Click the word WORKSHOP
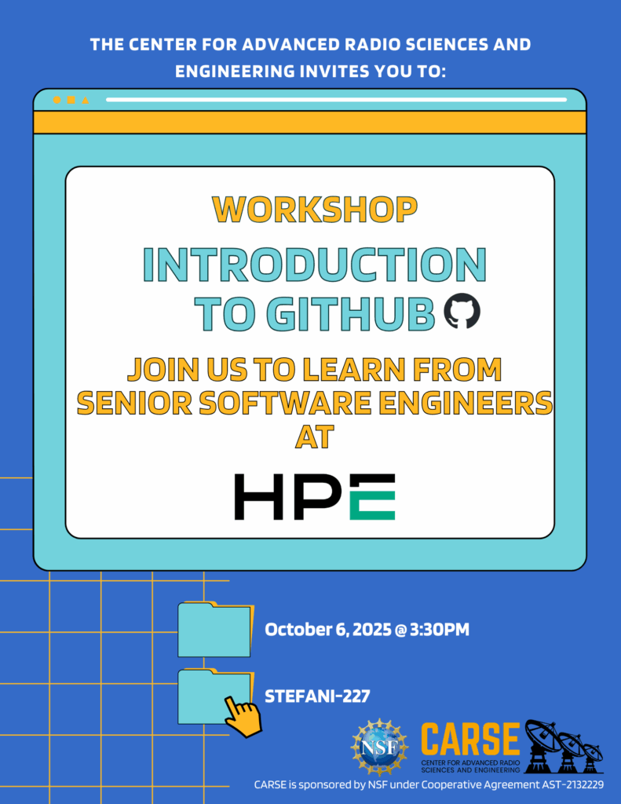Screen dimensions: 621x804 (x=314, y=209)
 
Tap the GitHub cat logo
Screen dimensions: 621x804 (x=462, y=311)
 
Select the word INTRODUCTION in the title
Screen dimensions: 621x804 (x=314, y=265)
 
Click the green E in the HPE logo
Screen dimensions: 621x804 (x=372, y=497)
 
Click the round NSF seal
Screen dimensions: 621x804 (x=379, y=747)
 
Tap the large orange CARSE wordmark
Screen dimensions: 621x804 (x=470, y=738)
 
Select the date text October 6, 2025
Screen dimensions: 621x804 (x=328, y=630)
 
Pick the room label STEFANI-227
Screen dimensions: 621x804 (x=317, y=696)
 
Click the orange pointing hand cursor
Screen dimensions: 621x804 (x=243, y=716)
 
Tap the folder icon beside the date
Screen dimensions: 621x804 (x=215, y=630)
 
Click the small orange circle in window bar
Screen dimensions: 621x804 (x=57, y=100)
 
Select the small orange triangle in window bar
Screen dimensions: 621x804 (x=85, y=100)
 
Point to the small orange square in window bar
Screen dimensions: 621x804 (x=71, y=100)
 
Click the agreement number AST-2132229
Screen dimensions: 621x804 (x=573, y=784)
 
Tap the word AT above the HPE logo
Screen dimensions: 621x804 (x=315, y=437)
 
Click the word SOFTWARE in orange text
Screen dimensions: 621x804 (x=285, y=403)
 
